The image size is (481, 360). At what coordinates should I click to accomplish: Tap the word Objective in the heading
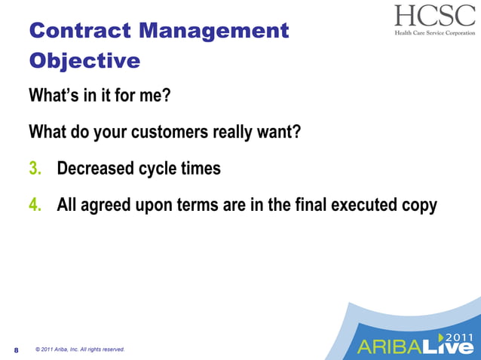pos(84,60)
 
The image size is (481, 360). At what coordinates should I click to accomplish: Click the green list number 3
pos(35,169)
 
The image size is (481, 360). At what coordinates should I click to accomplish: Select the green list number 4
pos(35,206)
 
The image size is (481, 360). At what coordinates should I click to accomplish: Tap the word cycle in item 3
pos(158,169)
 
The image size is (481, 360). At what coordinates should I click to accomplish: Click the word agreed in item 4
pos(106,206)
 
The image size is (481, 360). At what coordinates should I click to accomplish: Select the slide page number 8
pos(16,350)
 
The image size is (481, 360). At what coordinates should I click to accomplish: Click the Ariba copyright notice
pos(79,349)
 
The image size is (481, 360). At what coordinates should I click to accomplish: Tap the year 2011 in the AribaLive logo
pos(459,337)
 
